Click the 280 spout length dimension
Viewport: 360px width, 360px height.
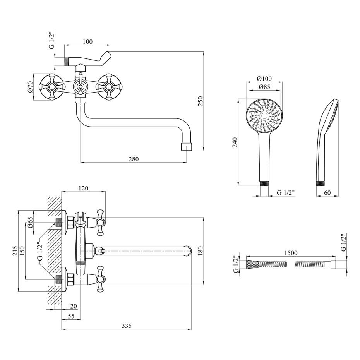tap(134, 159)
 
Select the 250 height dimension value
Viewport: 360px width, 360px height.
tap(201, 101)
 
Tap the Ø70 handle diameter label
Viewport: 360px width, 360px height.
tap(31, 87)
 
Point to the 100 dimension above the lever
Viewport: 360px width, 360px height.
tap(87, 41)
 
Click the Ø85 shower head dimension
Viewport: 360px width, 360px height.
tap(264, 87)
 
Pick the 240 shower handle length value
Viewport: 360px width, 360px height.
tap(235, 142)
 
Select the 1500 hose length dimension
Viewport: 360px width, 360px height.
tap(291, 253)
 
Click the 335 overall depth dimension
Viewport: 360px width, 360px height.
tap(127, 326)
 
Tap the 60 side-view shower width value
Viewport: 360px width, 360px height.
tap(327, 192)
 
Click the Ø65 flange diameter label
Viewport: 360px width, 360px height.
tap(31, 222)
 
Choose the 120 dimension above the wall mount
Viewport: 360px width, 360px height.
tap(83, 188)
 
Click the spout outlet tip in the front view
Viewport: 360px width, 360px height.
tap(187, 147)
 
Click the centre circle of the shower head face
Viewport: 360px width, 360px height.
tap(264, 115)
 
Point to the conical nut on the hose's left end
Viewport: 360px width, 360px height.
tap(252, 264)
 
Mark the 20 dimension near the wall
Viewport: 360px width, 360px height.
tap(74, 306)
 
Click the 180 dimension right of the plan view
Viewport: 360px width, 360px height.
tap(201, 251)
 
